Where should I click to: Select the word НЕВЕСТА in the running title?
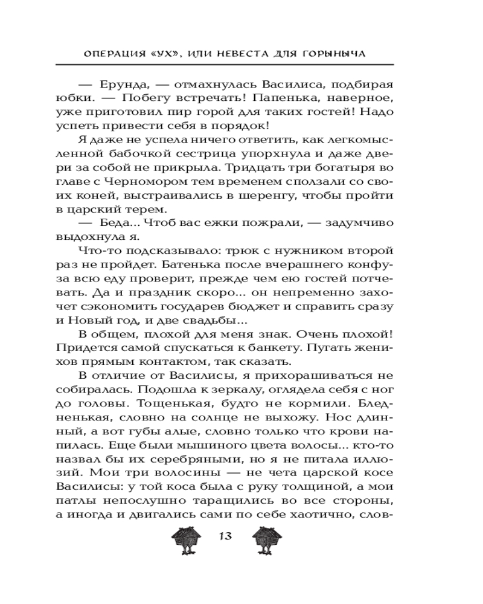coord(252,54)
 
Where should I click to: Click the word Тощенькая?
coord(193,405)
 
